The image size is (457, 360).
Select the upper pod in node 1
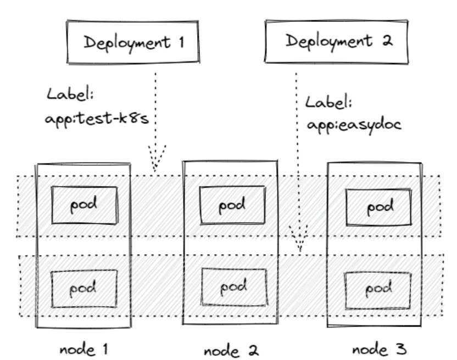click(x=84, y=205)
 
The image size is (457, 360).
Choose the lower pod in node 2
click(x=234, y=287)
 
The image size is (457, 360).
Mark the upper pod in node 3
click(x=378, y=207)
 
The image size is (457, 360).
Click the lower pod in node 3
click(x=378, y=287)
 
